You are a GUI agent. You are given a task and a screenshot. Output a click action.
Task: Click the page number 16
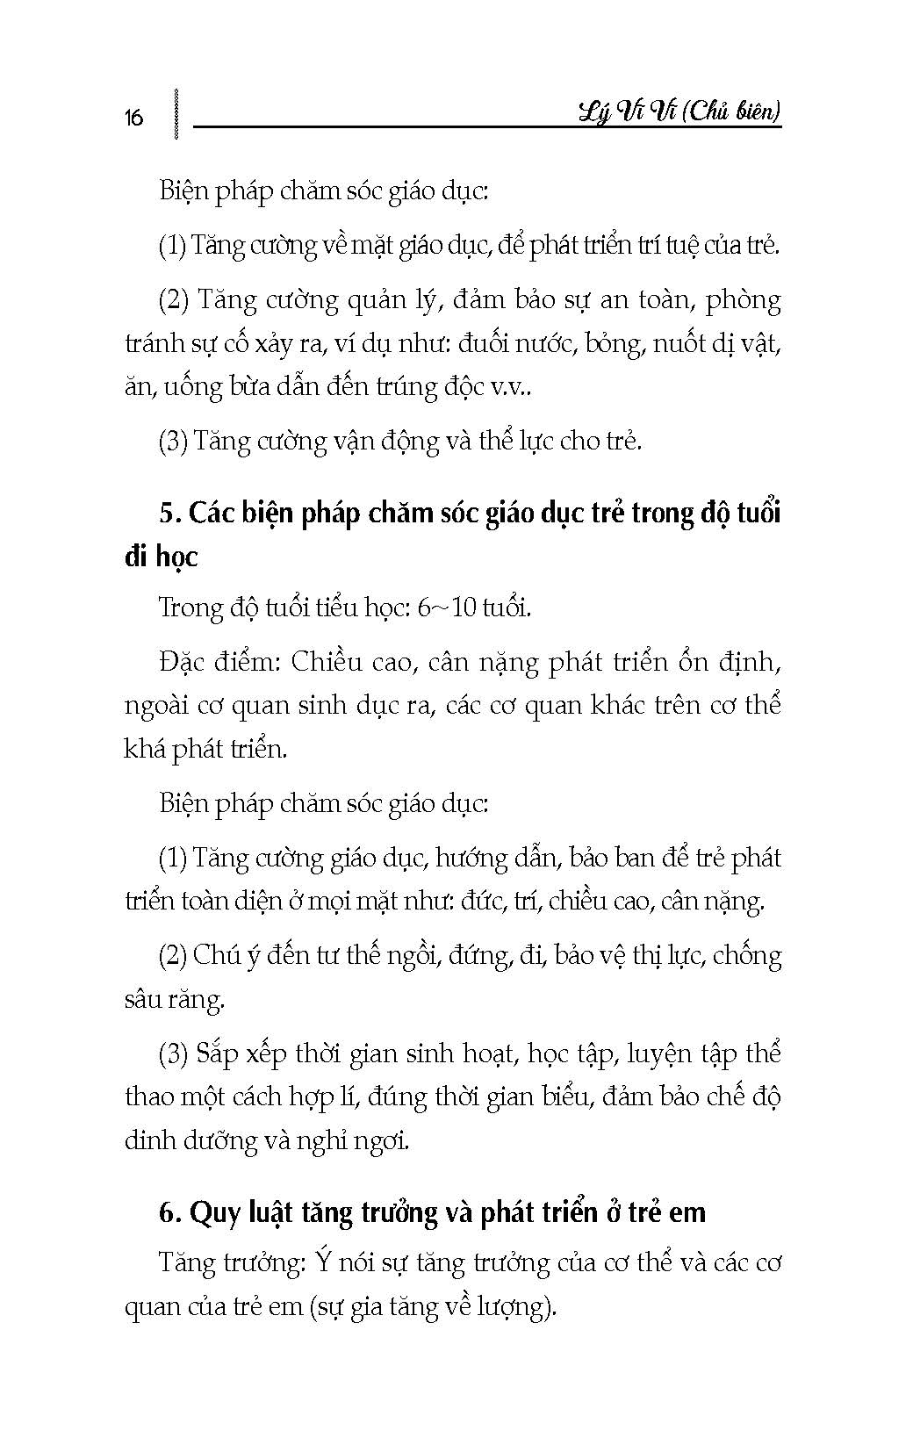(133, 118)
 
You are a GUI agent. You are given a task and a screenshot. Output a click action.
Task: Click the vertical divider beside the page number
(177, 112)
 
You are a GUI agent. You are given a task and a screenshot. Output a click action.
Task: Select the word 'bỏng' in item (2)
(618, 343)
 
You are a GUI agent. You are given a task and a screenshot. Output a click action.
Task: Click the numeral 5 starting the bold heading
(167, 513)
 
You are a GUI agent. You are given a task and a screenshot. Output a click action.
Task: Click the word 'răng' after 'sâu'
(201, 999)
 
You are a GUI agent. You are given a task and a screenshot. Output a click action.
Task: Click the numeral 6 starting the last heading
(169, 1212)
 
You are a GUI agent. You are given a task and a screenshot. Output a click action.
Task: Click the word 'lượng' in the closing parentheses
(523, 1308)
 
